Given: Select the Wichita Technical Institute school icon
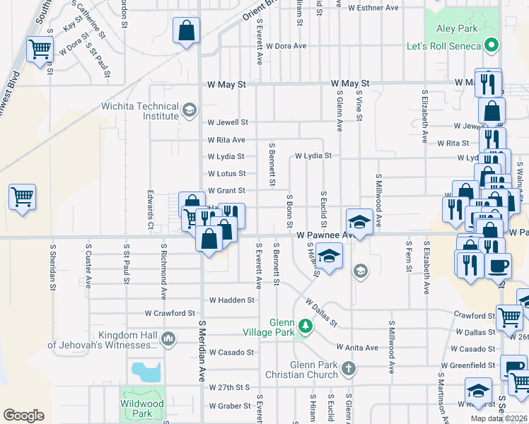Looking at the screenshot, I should [189, 110].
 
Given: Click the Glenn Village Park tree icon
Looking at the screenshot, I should [305, 326].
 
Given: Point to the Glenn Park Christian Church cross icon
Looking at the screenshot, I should [348, 368].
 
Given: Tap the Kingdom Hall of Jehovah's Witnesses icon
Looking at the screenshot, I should [168, 339].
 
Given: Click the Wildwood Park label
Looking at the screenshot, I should [142, 408].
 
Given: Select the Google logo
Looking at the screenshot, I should [23, 416].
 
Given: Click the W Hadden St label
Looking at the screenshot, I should [232, 300].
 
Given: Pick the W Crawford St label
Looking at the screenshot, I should [170, 312].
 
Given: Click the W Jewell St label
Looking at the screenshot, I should [228, 122].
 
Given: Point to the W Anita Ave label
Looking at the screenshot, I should [357, 347].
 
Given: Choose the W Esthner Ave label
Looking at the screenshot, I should [373, 8].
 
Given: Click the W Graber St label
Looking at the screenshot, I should [231, 406].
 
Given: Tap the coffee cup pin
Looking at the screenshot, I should [498, 265].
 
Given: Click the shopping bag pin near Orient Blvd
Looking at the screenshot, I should [186, 30].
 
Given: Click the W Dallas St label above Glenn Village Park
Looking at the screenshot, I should [321, 311].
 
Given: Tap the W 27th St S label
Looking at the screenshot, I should [231, 388].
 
